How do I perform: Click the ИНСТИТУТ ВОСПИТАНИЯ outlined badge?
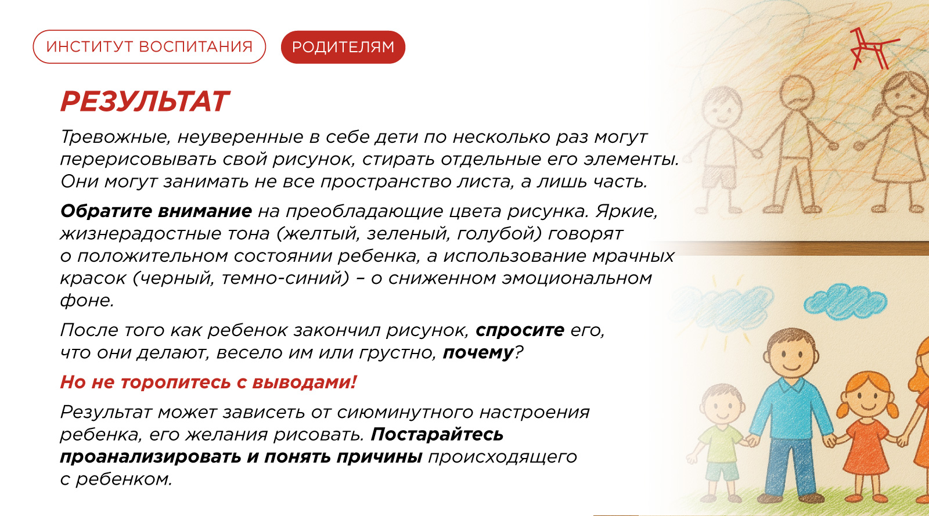[149, 47]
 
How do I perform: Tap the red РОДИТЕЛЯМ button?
[343, 47]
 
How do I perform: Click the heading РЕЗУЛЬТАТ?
[145, 102]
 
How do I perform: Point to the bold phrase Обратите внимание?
[156, 211]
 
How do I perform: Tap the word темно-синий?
[285, 278]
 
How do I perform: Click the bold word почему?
[478, 353]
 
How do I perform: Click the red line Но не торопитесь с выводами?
[208, 382]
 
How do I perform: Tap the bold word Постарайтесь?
[437, 435]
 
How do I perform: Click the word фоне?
[87, 300]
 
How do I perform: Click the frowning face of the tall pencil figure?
[796, 93]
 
